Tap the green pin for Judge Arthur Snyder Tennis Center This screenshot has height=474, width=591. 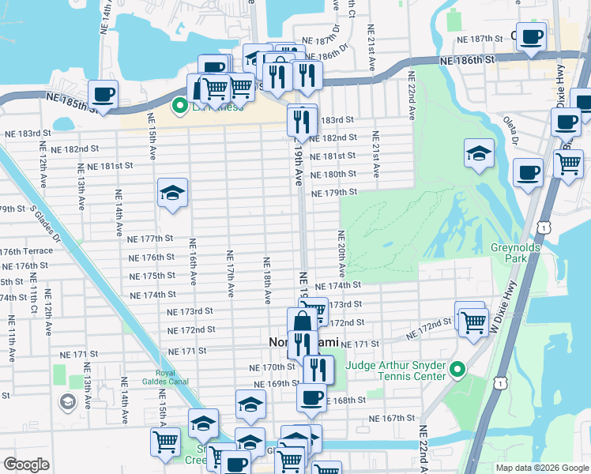(457, 370)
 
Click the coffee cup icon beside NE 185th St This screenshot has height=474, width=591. (103, 96)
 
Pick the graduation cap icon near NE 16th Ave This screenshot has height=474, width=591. (171, 194)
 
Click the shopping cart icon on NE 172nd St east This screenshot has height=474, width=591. (472, 322)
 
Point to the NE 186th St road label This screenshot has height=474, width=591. (466, 59)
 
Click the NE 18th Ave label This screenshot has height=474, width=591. (267, 276)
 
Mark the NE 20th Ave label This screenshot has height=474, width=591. (341, 253)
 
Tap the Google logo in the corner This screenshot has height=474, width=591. (27, 465)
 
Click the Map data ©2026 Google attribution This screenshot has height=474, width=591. (542, 468)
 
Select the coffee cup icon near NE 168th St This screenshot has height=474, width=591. (311, 397)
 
